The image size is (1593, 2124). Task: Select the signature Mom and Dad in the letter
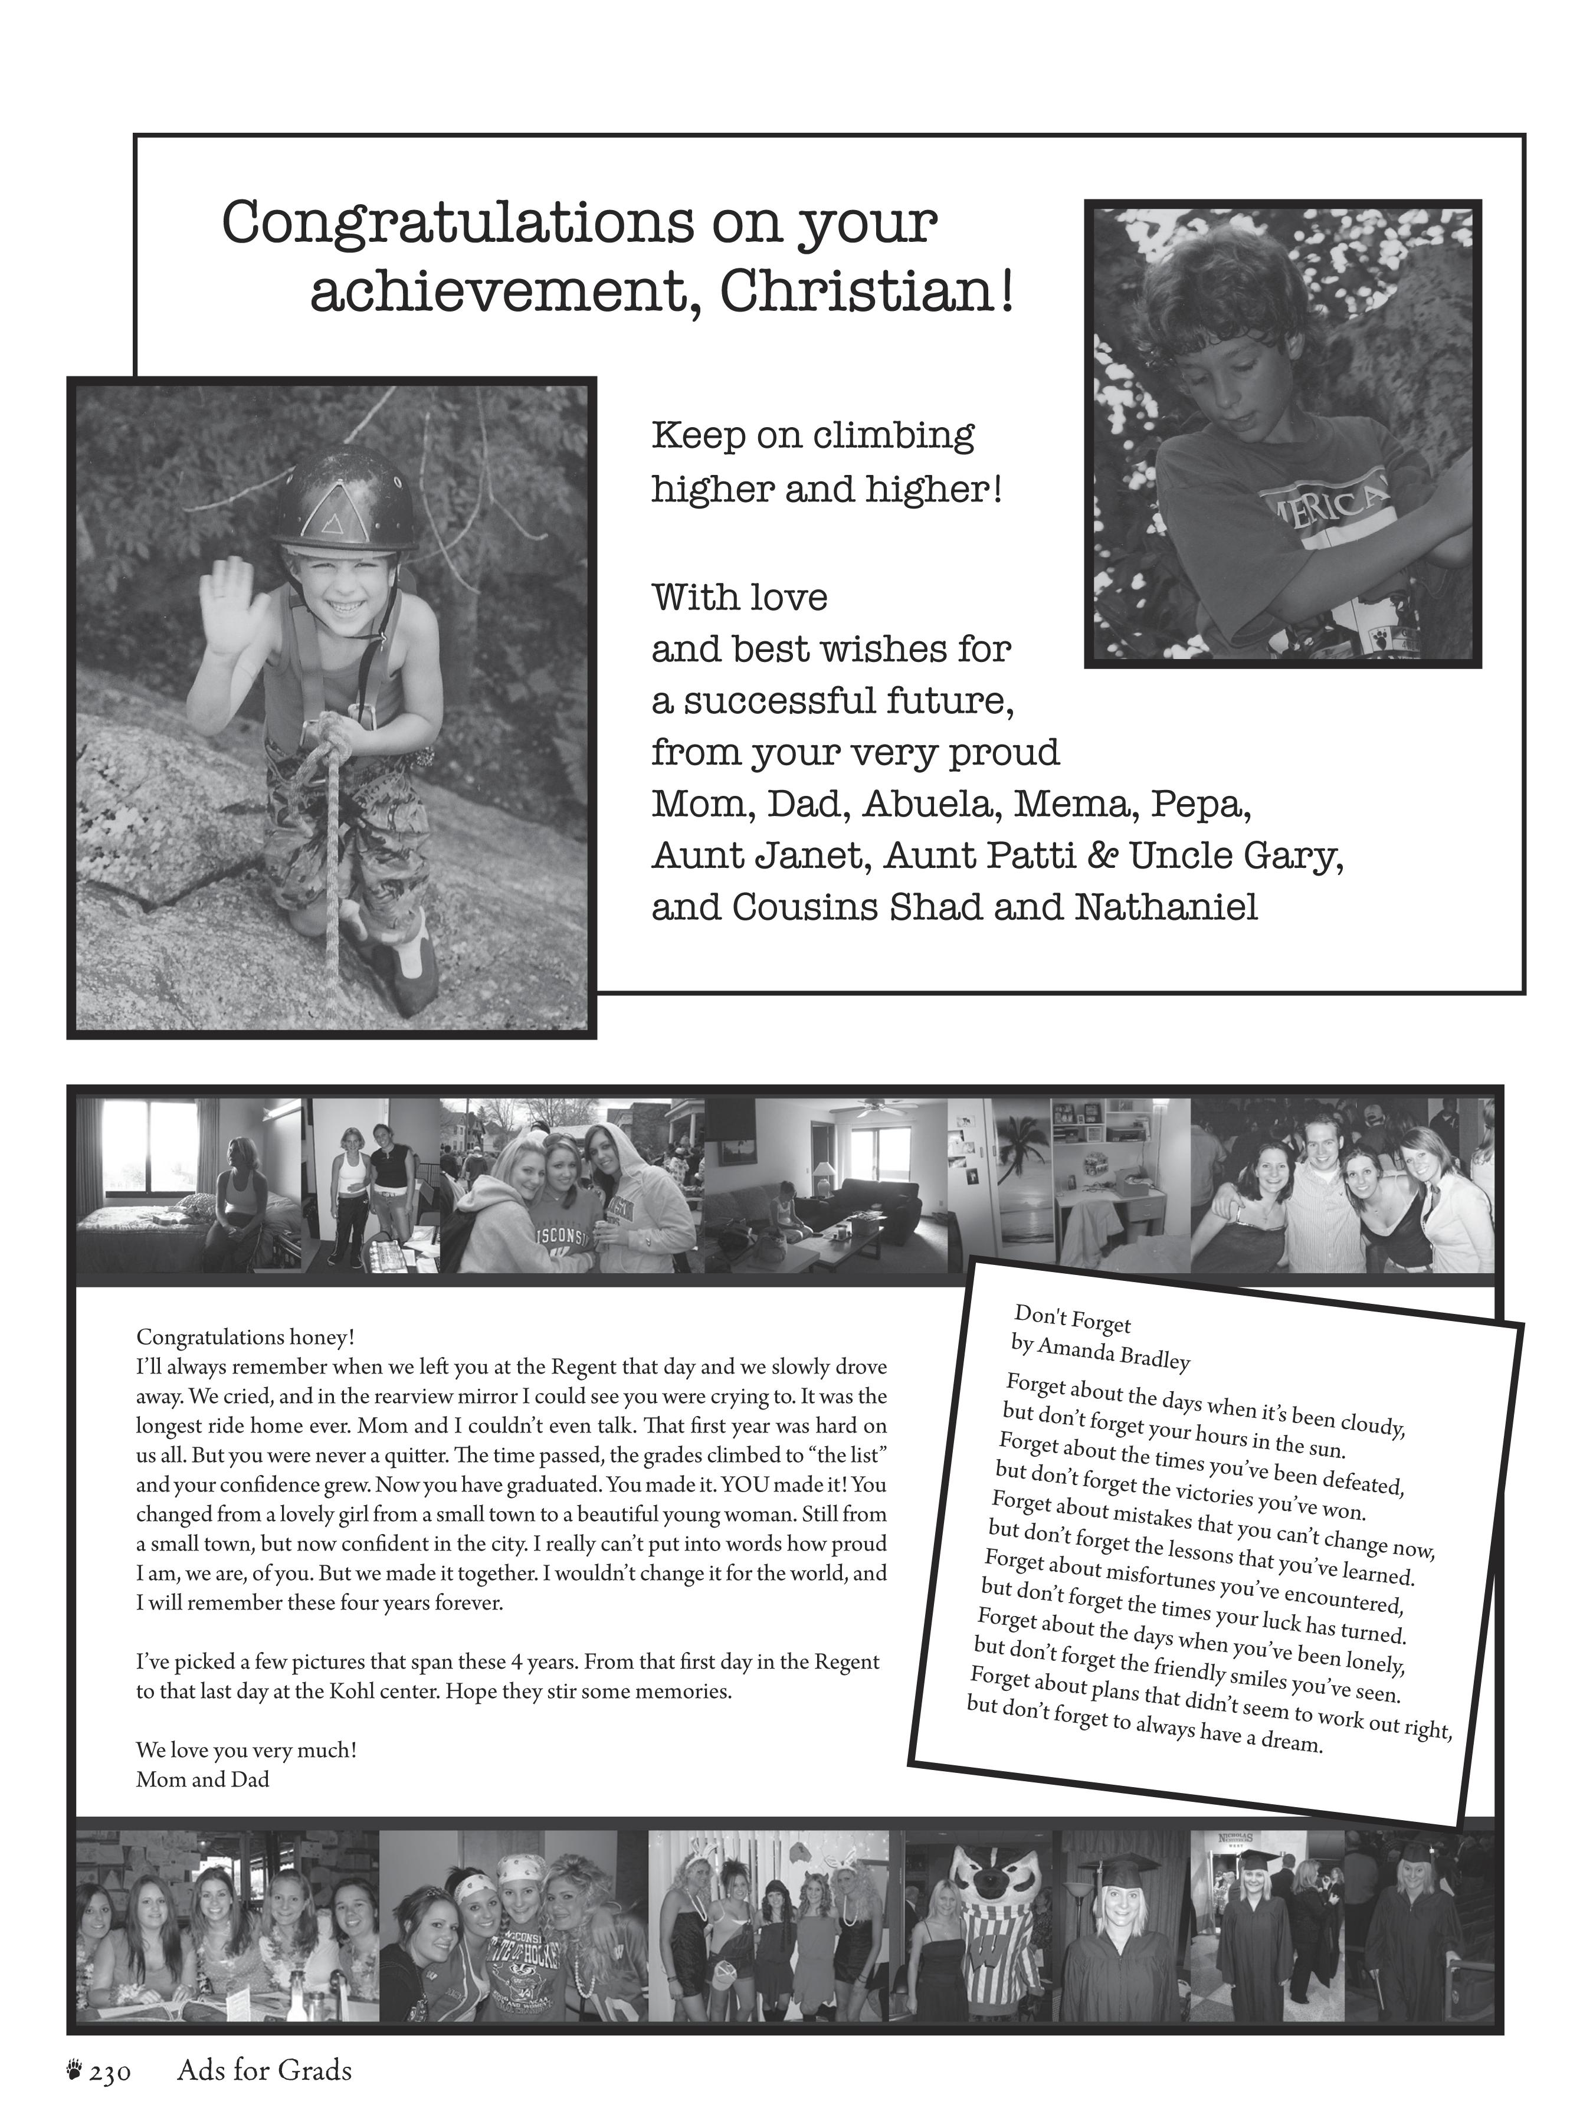pyautogui.click(x=202, y=1779)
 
